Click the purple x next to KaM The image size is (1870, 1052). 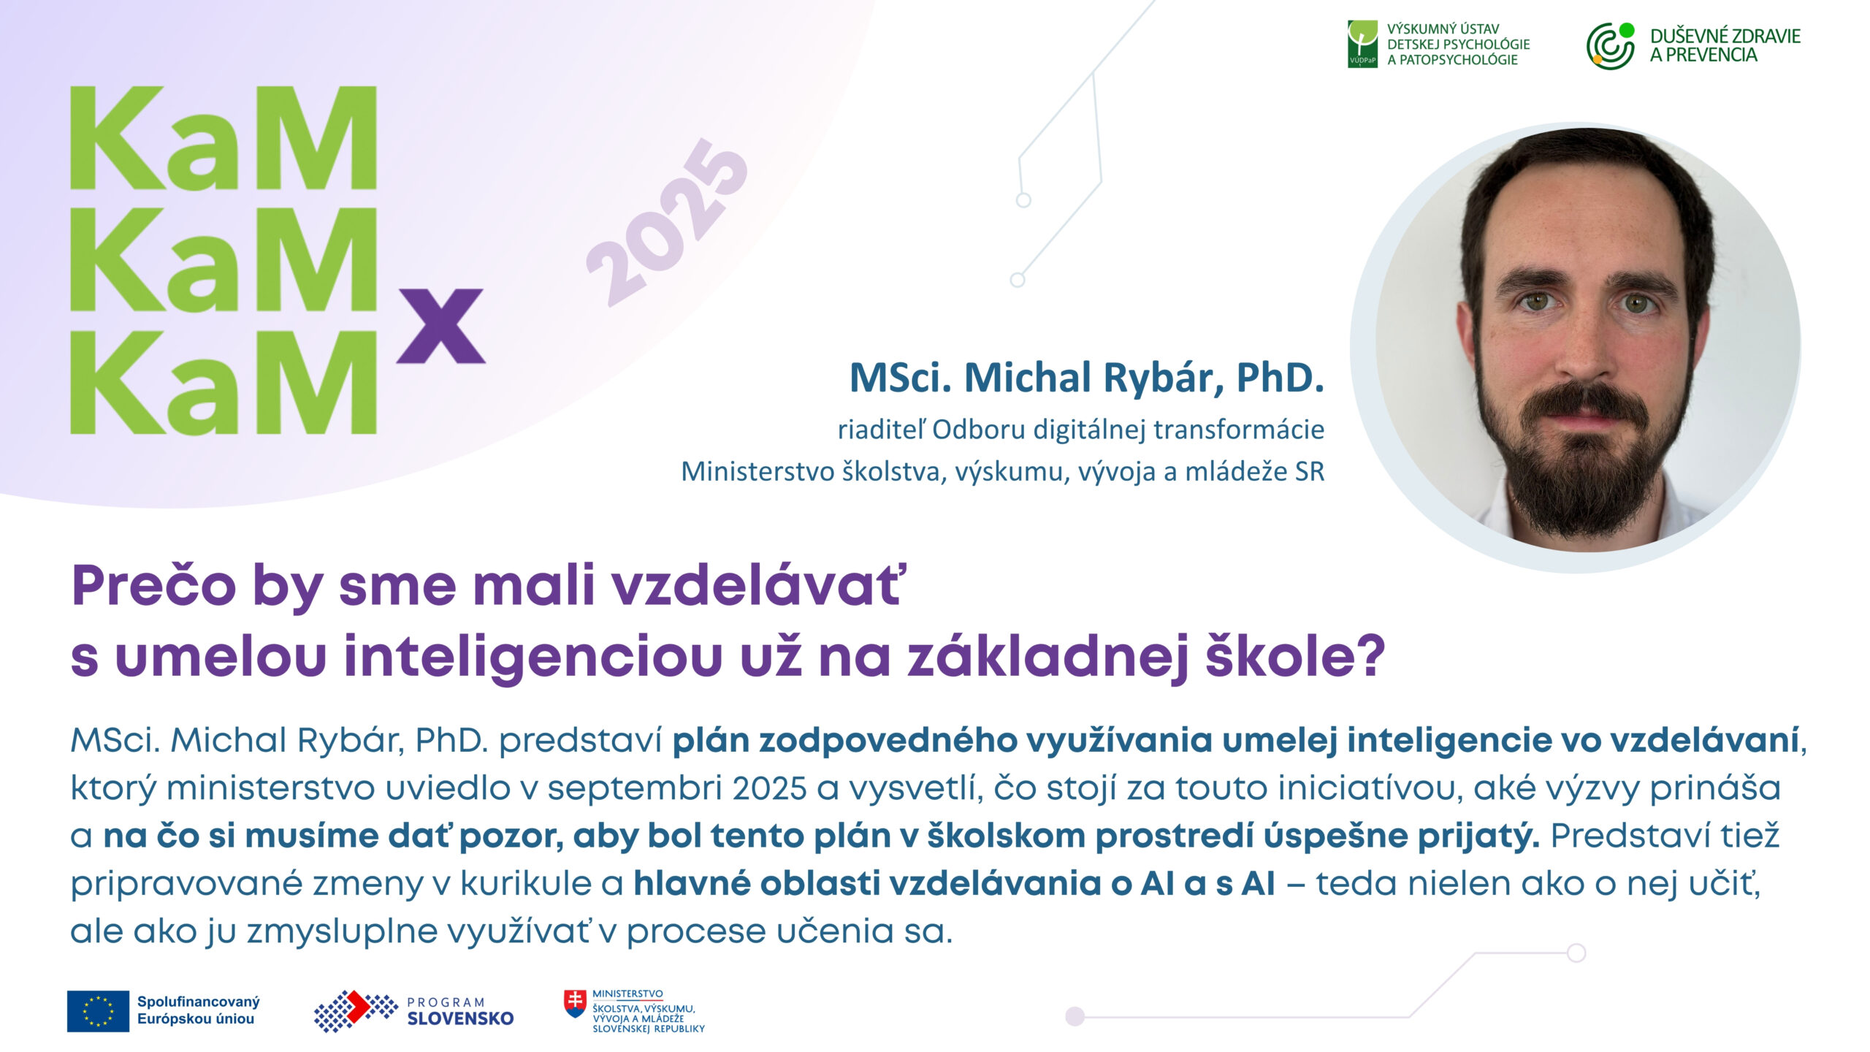(x=441, y=326)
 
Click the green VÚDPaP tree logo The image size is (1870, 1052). (x=1362, y=44)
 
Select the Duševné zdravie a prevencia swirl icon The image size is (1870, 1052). (x=1610, y=45)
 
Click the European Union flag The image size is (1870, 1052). (x=98, y=1011)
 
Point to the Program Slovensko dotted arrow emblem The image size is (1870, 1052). (x=356, y=1010)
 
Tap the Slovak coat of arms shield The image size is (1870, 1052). (x=576, y=1004)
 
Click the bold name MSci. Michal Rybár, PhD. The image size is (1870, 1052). (x=1087, y=378)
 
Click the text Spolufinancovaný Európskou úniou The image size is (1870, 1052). (x=198, y=1010)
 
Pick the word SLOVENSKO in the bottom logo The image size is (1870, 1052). (x=460, y=1019)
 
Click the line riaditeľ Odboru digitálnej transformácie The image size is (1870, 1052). (x=1081, y=430)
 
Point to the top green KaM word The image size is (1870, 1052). (x=224, y=138)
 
